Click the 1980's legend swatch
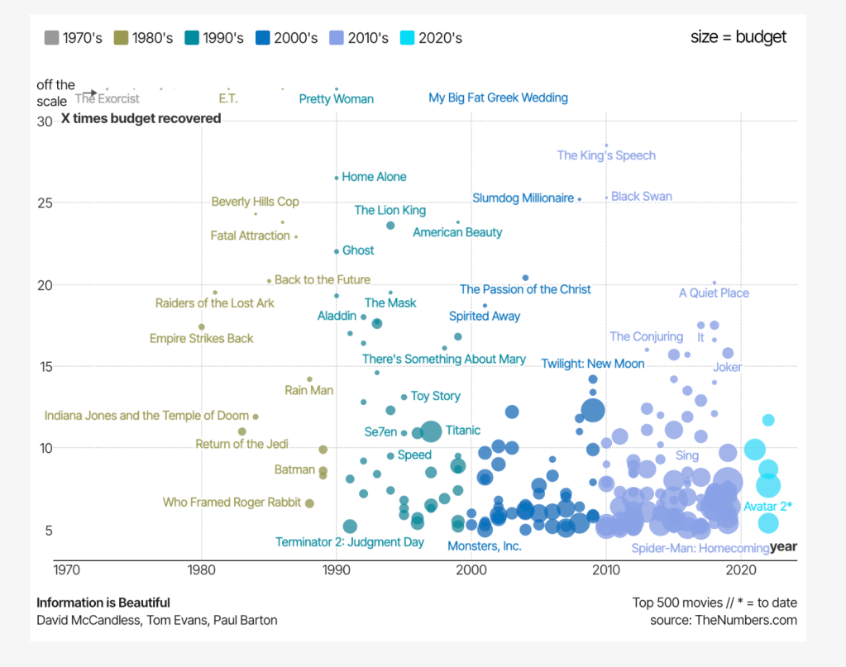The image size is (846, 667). click(122, 37)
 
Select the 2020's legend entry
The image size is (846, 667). click(430, 37)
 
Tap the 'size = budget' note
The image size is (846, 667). click(738, 37)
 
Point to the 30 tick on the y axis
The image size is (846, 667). click(45, 121)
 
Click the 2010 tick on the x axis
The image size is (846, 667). click(606, 569)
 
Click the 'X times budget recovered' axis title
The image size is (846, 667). click(141, 118)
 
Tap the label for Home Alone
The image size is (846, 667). click(374, 177)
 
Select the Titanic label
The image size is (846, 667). click(462, 430)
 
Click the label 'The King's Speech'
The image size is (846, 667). click(606, 155)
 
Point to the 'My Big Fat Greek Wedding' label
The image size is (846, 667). click(498, 98)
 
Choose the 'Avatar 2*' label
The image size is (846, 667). click(767, 507)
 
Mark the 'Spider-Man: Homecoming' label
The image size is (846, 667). click(700, 548)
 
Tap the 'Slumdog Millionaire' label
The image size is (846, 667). click(523, 198)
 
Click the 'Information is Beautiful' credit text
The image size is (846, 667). click(103, 603)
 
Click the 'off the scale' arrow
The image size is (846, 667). click(89, 93)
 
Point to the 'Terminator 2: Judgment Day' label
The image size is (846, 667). click(350, 542)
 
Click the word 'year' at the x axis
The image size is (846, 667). click(783, 546)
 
